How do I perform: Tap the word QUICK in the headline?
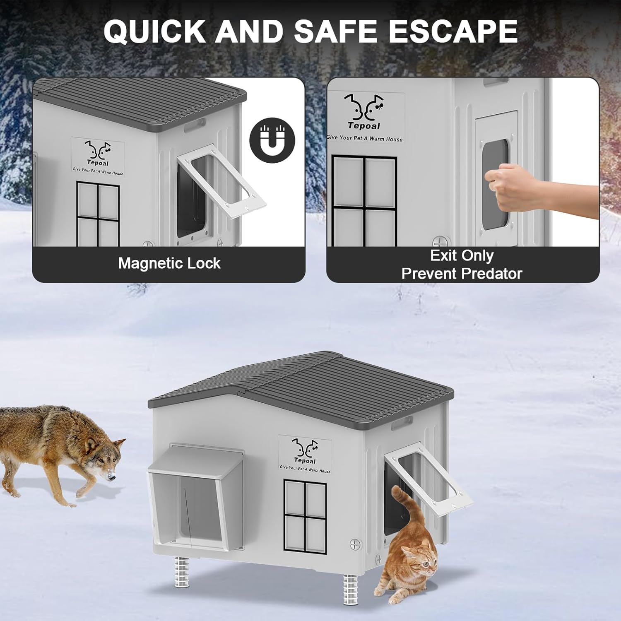point(154,31)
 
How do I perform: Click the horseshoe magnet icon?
point(272,140)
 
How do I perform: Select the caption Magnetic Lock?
point(169,263)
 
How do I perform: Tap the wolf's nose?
point(111,477)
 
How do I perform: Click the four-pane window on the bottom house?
point(305,516)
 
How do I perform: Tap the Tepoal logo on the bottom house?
point(305,455)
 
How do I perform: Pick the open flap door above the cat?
point(428,478)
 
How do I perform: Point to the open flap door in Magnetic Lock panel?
point(221,181)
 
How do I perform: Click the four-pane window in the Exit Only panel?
point(364,201)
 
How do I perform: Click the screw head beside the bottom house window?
point(355,544)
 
